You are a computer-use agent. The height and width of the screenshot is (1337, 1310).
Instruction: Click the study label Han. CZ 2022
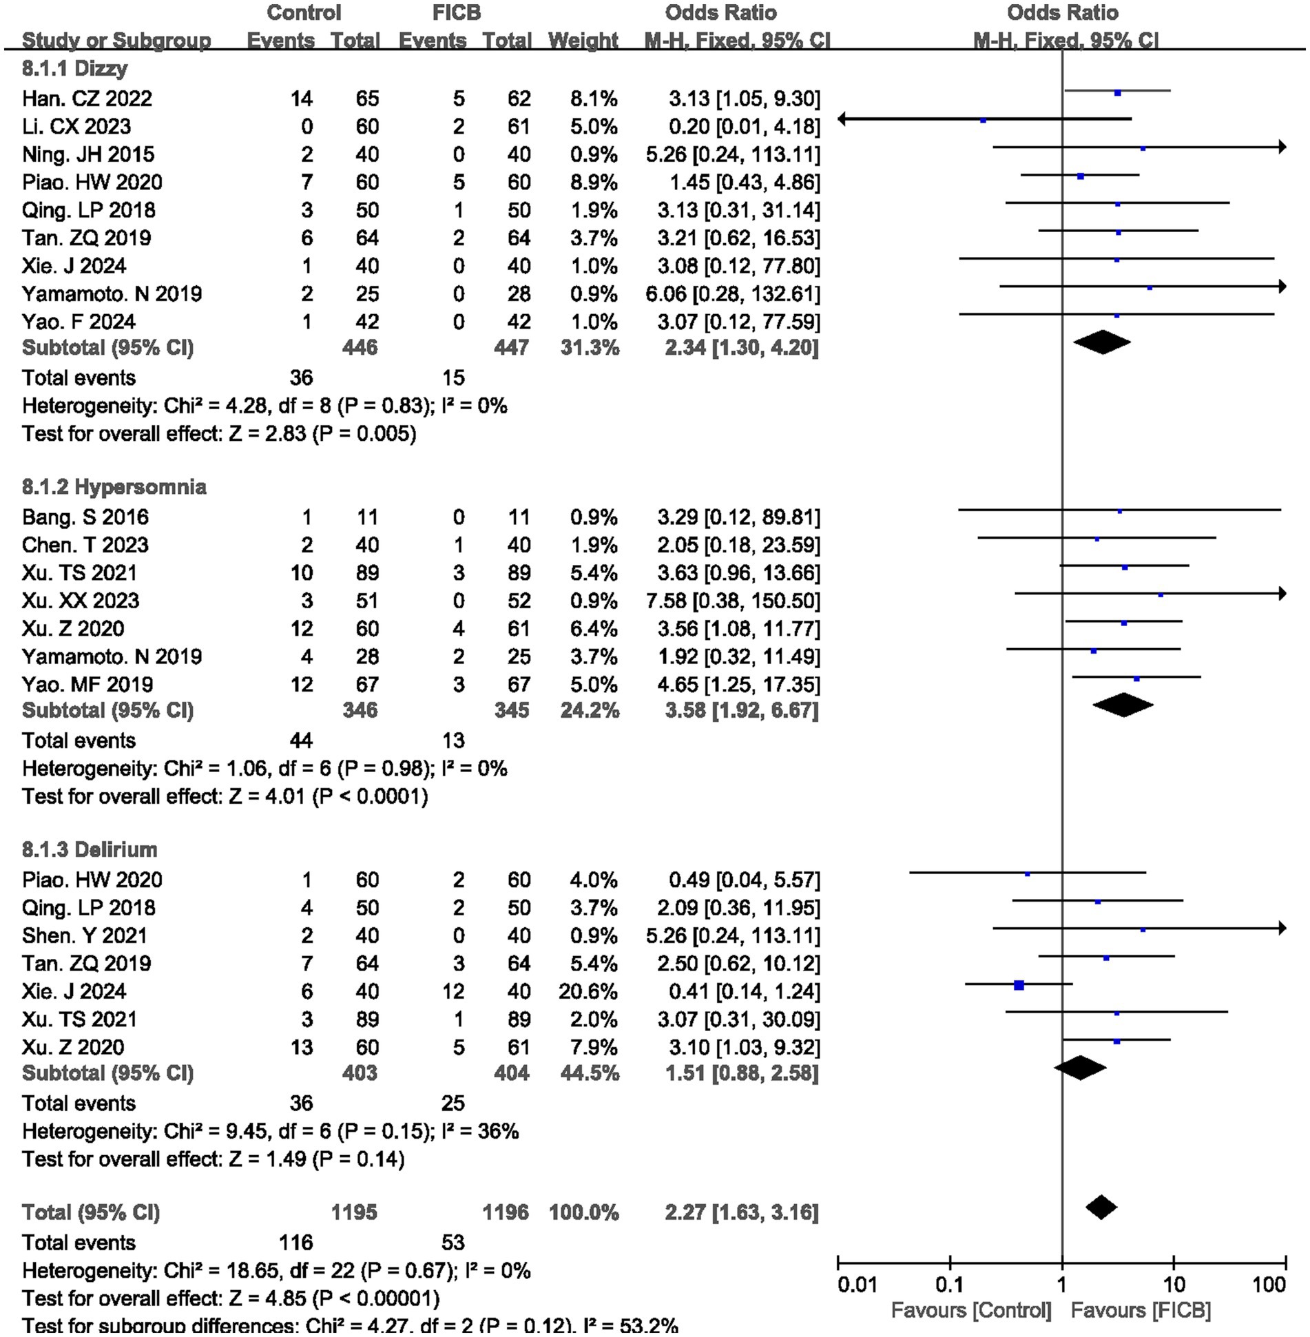[87, 99]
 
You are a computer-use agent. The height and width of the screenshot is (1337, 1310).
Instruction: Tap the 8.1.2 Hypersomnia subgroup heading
[114, 487]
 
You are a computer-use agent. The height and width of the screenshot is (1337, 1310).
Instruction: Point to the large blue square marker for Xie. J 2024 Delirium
[1019, 986]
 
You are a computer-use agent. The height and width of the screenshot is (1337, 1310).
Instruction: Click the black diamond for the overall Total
[1101, 1207]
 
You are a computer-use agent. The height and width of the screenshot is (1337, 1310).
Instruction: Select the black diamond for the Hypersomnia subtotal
[1123, 705]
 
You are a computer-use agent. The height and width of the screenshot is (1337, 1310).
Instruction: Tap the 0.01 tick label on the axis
[857, 1285]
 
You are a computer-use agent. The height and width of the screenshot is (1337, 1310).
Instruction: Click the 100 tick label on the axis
[1269, 1285]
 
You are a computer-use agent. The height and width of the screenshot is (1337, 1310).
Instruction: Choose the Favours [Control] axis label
[971, 1310]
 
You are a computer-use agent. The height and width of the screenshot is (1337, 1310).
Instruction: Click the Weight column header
[583, 41]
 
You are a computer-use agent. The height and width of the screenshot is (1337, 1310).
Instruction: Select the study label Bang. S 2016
[85, 517]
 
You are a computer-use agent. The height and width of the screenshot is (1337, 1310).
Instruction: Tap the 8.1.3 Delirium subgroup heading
[90, 849]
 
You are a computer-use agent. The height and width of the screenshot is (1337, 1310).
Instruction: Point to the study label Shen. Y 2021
[85, 935]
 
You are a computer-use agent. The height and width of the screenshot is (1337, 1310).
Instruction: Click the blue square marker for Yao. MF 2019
[1136, 679]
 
